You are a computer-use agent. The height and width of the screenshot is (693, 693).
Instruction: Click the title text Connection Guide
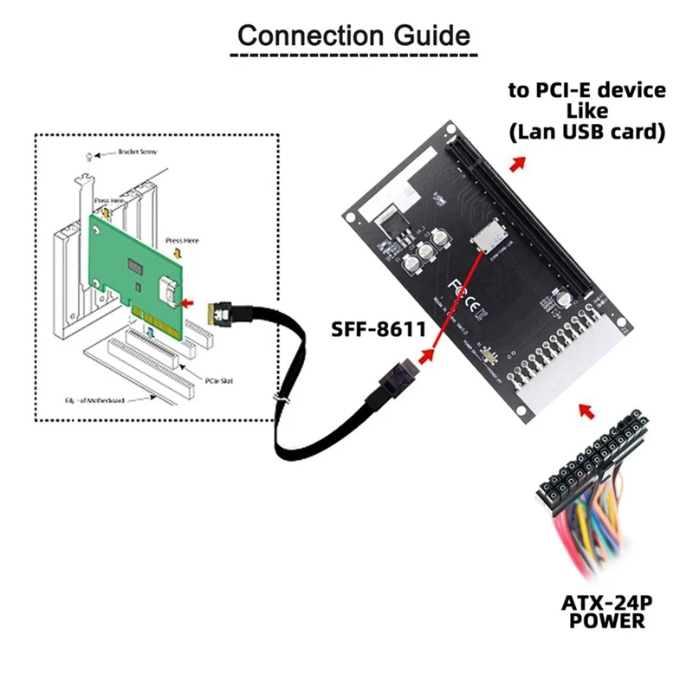(353, 36)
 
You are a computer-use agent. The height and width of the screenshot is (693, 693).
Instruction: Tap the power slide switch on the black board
(491, 356)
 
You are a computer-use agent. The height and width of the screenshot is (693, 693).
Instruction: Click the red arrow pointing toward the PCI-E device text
(517, 164)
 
